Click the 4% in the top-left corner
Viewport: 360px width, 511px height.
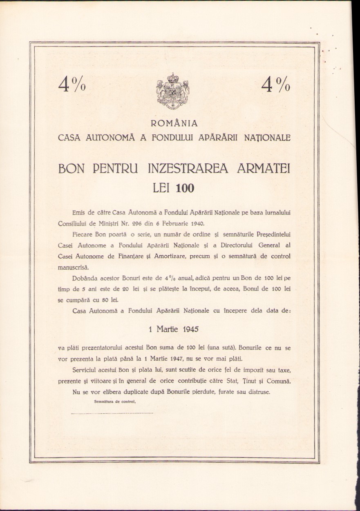(x=72, y=84)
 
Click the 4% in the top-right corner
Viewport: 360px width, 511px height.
(x=277, y=84)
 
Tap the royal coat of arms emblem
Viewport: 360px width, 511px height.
(x=173, y=91)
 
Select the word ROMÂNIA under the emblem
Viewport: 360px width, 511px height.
(x=174, y=123)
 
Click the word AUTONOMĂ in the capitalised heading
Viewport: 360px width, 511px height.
(x=109, y=138)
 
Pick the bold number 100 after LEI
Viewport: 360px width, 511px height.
(x=185, y=188)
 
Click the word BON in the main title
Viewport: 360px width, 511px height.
(x=74, y=169)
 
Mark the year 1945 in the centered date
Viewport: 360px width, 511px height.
(x=191, y=329)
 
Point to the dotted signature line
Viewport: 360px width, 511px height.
(x=112, y=413)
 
